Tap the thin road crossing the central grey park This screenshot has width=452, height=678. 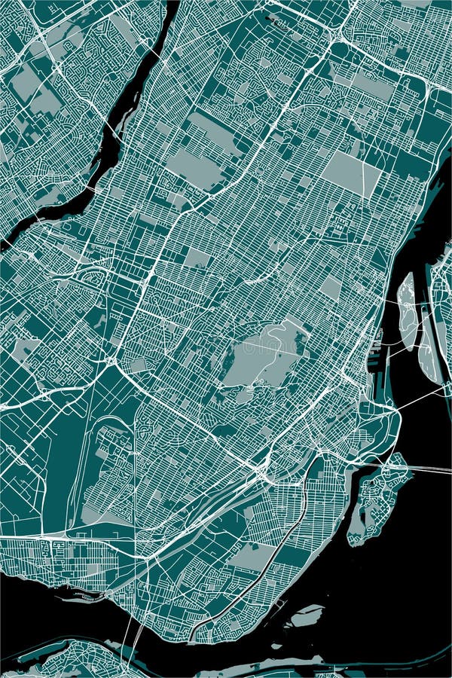[264, 348]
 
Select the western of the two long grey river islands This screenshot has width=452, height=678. [407, 309]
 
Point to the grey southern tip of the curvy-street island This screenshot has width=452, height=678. [354, 531]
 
